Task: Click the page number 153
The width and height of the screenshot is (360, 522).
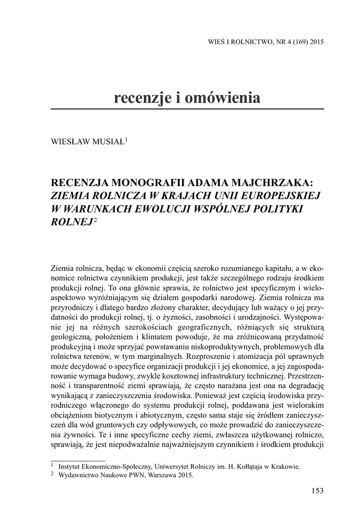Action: click(x=317, y=490)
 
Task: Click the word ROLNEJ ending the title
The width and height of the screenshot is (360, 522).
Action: click(x=72, y=221)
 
